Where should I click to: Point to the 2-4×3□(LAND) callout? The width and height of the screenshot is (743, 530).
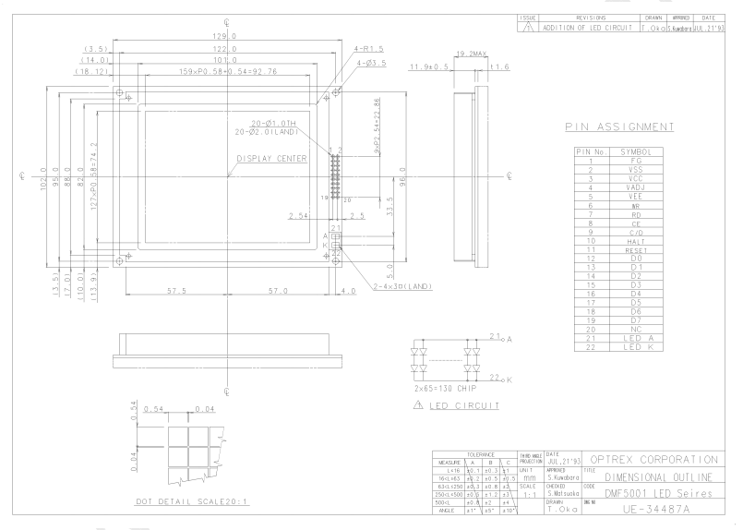pos(381,286)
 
